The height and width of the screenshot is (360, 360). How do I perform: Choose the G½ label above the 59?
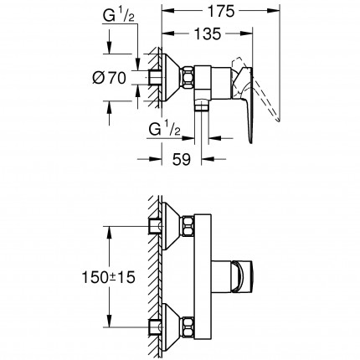click(x=163, y=131)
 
